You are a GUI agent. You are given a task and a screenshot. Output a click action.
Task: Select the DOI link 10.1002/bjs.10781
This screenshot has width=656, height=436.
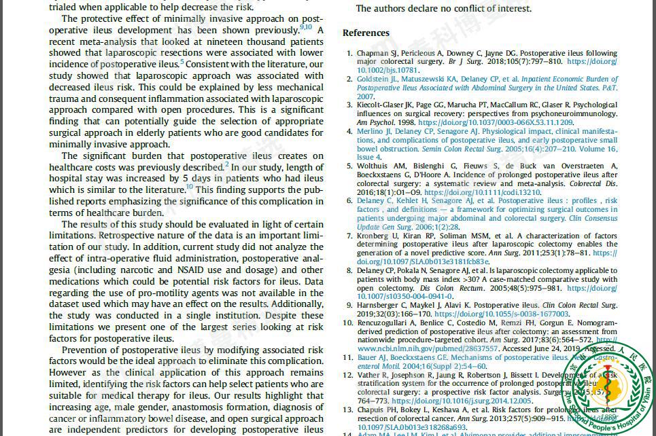(x=387, y=70)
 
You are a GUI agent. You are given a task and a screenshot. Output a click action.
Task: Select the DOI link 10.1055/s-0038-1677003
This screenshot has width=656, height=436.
(x=502, y=314)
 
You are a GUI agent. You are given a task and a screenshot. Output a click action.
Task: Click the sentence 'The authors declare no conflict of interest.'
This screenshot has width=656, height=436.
(x=444, y=8)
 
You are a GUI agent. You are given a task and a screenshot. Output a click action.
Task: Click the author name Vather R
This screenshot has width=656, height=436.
(x=373, y=375)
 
